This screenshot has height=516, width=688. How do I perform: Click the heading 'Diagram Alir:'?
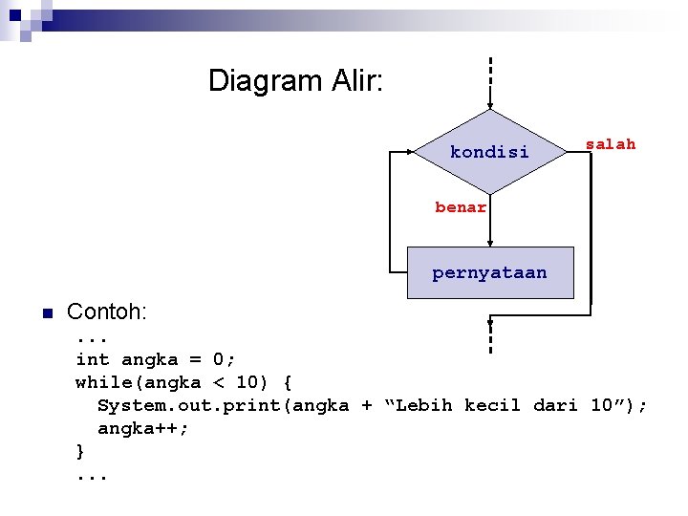click(x=295, y=80)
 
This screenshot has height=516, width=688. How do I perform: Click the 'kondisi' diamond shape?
click(x=489, y=151)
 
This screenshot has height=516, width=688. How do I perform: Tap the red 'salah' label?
click(x=610, y=144)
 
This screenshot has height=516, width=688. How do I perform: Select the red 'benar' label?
click(x=461, y=206)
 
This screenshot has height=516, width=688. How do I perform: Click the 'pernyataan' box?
click(x=489, y=272)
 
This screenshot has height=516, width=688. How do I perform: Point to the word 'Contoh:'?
click(x=106, y=312)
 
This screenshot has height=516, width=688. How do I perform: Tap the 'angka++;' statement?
click(x=143, y=428)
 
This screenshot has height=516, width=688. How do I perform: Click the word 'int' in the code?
click(x=93, y=359)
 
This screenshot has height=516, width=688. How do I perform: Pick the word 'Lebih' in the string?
click(x=423, y=405)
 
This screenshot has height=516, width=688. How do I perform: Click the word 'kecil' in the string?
click(x=492, y=405)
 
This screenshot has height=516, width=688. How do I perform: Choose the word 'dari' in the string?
click(x=555, y=405)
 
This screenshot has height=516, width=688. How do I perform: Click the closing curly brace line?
click(x=80, y=451)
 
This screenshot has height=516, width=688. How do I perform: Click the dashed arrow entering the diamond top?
click(x=489, y=81)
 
